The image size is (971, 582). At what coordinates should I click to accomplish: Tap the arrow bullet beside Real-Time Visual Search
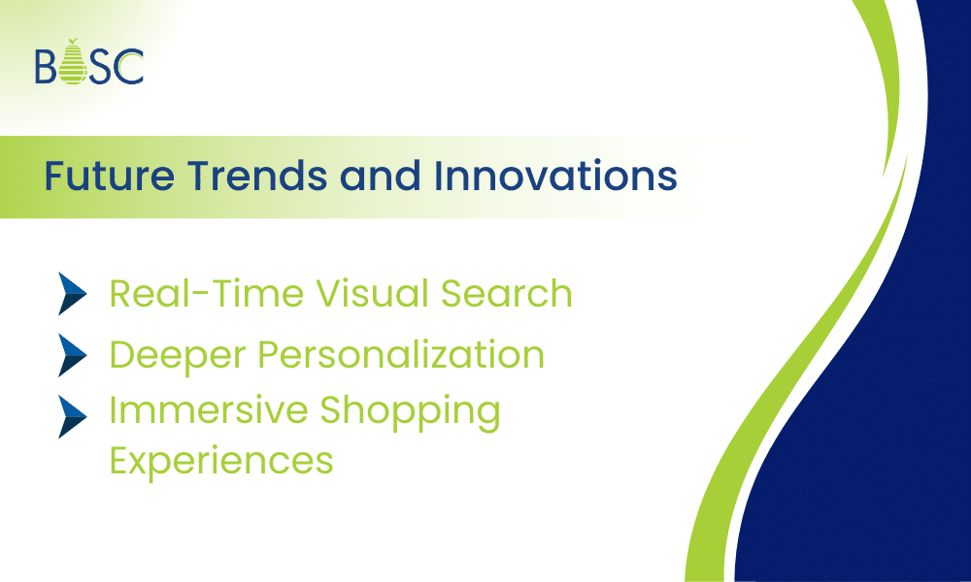(x=74, y=294)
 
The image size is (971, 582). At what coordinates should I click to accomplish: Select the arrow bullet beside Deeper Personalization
(x=74, y=355)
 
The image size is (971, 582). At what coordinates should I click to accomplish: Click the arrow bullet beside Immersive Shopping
(x=74, y=416)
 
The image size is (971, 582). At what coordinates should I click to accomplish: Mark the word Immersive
(x=199, y=411)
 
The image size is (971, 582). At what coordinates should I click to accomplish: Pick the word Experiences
(x=221, y=460)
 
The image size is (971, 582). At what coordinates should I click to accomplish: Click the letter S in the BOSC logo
(x=102, y=66)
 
